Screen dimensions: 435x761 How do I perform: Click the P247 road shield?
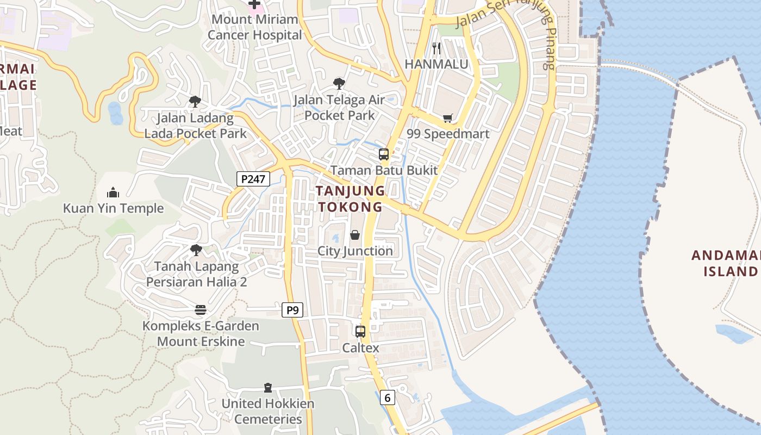pyautogui.click(x=253, y=178)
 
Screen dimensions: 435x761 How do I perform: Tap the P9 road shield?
pyautogui.click(x=292, y=310)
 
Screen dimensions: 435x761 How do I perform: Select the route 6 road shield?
pyautogui.click(x=387, y=397)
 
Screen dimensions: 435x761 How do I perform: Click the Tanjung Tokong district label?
pyautogui.click(x=351, y=198)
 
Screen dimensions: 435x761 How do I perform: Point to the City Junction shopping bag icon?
pyautogui.click(x=355, y=235)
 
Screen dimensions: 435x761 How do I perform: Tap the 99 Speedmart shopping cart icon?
pyautogui.click(x=448, y=118)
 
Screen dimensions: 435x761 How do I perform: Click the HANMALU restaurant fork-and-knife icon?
pyautogui.click(x=436, y=48)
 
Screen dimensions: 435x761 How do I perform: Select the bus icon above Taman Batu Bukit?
pyautogui.click(x=384, y=154)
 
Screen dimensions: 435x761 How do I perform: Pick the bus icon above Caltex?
pyautogui.click(x=360, y=331)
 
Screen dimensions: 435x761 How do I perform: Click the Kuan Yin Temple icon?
pyautogui.click(x=113, y=192)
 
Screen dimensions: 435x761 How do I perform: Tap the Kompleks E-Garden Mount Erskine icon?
pyautogui.click(x=201, y=310)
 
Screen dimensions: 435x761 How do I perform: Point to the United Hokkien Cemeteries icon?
pyautogui.click(x=267, y=388)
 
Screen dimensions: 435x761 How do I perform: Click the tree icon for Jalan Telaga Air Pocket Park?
pyautogui.click(x=339, y=84)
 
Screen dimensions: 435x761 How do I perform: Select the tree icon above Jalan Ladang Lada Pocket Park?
pyautogui.click(x=195, y=101)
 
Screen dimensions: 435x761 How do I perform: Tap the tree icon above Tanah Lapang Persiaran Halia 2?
pyautogui.click(x=196, y=250)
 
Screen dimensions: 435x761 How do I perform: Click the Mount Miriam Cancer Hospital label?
pyautogui.click(x=254, y=27)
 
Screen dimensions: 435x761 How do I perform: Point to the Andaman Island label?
pyautogui.click(x=726, y=263)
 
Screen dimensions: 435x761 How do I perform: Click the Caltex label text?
pyautogui.click(x=360, y=348)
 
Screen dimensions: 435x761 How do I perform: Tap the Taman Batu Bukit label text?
pyautogui.click(x=384, y=170)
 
